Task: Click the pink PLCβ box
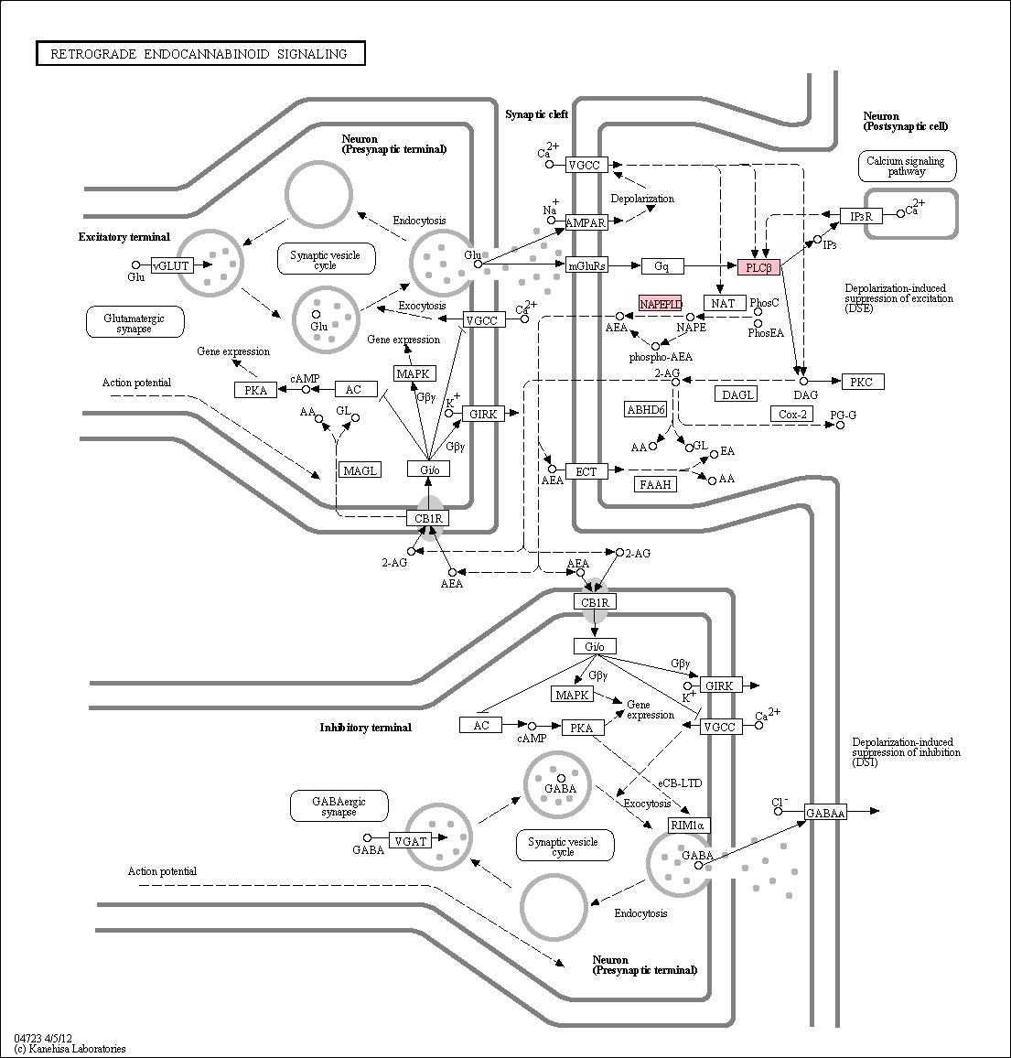click(758, 267)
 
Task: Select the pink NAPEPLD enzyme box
click(661, 304)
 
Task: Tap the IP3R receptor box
click(861, 216)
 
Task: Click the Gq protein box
click(662, 266)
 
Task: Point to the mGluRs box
click(586, 265)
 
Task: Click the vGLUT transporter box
click(171, 265)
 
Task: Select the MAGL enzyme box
click(360, 470)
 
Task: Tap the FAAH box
click(656, 484)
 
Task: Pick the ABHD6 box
click(646, 409)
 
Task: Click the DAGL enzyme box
click(737, 394)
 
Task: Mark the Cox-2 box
click(792, 414)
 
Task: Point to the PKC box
click(863, 382)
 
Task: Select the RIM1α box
click(689, 826)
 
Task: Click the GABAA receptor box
click(825, 813)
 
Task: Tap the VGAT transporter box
click(410, 841)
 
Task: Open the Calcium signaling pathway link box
click(907, 166)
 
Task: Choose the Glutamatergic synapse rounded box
click(134, 322)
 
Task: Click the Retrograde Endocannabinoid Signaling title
click(200, 54)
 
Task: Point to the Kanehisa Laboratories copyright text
click(70, 1049)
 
